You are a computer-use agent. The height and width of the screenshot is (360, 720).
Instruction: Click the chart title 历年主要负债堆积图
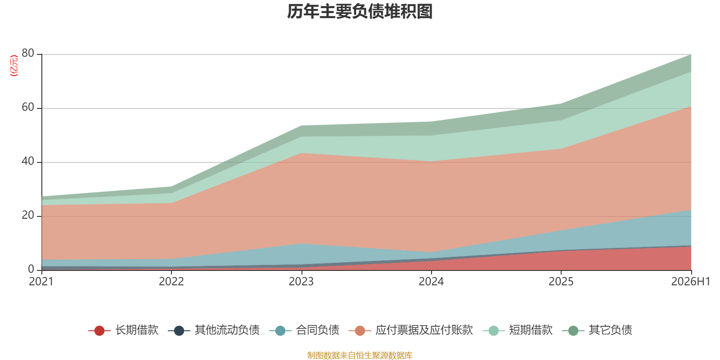(360, 12)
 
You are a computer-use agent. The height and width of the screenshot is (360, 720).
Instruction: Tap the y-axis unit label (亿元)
(14, 66)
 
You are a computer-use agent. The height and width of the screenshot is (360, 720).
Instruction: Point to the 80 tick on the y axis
(28, 54)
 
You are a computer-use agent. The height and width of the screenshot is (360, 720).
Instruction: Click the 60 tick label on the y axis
(28, 108)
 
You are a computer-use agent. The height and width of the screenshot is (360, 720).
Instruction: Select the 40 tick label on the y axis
(28, 162)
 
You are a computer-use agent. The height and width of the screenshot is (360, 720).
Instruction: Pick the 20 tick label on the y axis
(28, 216)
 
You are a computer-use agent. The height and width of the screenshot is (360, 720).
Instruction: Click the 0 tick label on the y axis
(31, 269)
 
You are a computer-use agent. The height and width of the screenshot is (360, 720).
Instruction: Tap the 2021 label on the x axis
(41, 282)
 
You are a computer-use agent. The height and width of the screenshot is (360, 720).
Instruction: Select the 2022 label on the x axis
(171, 282)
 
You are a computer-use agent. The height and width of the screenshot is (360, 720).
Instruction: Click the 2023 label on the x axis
(301, 282)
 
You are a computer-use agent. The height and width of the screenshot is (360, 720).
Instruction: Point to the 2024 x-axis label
(431, 282)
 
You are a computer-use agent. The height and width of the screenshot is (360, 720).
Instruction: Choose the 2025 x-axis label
(561, 282)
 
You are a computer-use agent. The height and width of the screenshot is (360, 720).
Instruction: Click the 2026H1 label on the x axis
(690, 282)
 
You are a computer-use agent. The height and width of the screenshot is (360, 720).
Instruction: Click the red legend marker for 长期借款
(99, 330)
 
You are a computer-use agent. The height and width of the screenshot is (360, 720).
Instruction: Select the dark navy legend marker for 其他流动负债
(179, 330)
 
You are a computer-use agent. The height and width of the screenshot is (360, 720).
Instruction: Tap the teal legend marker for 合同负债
(280, 330)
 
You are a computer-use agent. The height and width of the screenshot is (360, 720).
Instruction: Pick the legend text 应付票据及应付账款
(424, 330)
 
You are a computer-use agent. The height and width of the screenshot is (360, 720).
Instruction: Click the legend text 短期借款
(531, 330)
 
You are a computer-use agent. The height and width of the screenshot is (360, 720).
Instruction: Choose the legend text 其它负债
(610, 330)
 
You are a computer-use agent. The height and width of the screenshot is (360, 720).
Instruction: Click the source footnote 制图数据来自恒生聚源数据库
(360, 355)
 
